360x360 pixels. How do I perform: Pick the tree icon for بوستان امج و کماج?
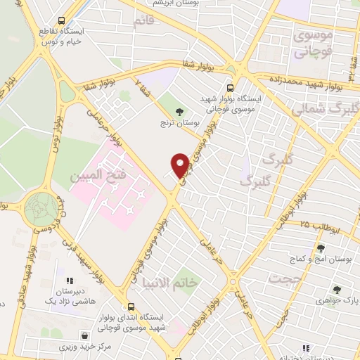(321, 247)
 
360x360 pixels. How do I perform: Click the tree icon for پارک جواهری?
(337, 289)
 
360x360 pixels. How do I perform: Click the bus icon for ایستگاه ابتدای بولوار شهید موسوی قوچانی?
(131, 307)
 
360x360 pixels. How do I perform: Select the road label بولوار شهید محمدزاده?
(309, 84)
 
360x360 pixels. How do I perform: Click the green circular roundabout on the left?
(41, 210)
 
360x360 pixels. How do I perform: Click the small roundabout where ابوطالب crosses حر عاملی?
(235, 284)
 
